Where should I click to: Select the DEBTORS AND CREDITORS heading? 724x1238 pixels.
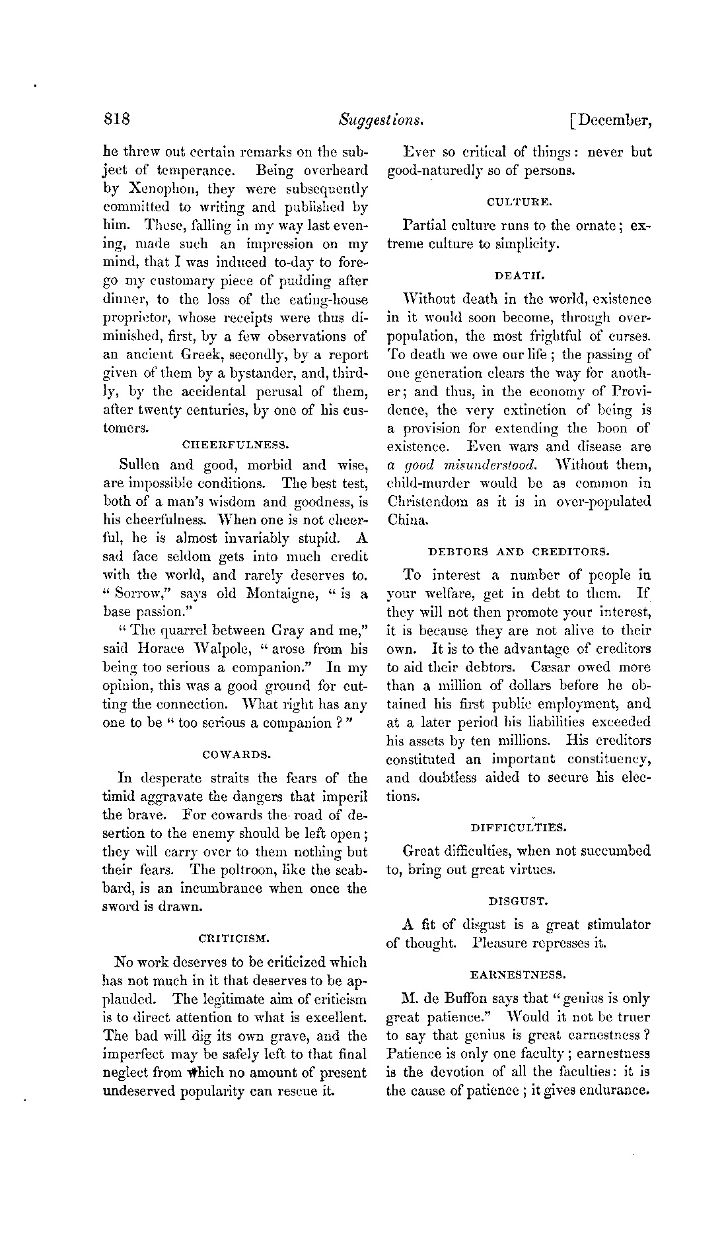[x=519, y=549]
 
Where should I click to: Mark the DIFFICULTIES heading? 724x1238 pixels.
[x=519, y=826]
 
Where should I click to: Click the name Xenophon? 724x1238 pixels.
[x=148, y=189]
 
